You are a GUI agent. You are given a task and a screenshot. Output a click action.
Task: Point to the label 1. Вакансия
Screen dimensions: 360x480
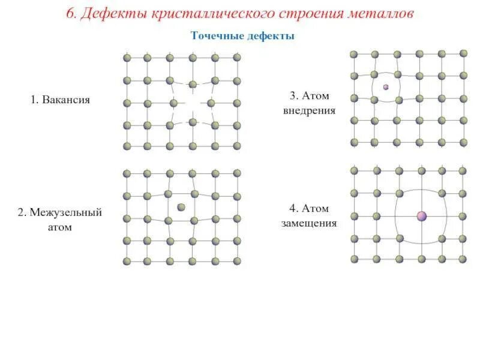click(60, 100)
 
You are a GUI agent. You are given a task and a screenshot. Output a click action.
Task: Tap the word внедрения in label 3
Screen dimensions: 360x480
click(310, 110)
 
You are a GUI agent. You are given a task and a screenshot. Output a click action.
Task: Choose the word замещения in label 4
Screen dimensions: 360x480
click(309, 224)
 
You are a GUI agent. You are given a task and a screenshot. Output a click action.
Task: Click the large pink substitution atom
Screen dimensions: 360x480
click(422, 215)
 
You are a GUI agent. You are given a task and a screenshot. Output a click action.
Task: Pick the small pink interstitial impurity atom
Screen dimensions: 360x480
click(386, 87)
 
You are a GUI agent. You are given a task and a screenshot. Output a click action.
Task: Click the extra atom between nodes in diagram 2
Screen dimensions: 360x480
click(181, 207)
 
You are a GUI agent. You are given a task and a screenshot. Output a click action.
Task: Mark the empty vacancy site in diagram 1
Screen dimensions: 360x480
click(192, 103)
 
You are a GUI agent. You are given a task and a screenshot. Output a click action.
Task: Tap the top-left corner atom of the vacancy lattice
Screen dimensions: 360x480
click(127, 58)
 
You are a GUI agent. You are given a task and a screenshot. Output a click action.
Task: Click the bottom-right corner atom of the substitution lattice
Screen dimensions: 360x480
click(464, 259)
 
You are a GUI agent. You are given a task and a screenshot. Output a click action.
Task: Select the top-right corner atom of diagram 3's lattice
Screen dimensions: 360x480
click(463, 53)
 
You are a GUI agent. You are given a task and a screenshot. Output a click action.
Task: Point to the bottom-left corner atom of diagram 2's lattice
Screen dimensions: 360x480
click(127, 262)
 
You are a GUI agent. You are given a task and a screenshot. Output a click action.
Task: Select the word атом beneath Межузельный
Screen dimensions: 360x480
click(59, 228)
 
